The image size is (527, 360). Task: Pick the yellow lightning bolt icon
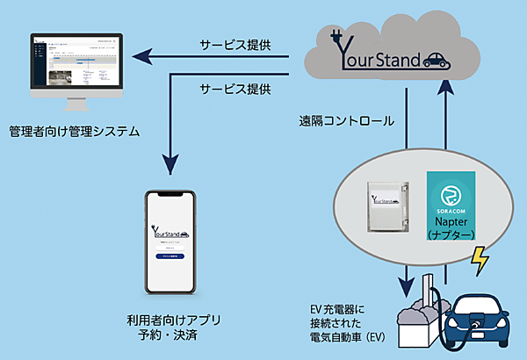pos(482,261)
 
